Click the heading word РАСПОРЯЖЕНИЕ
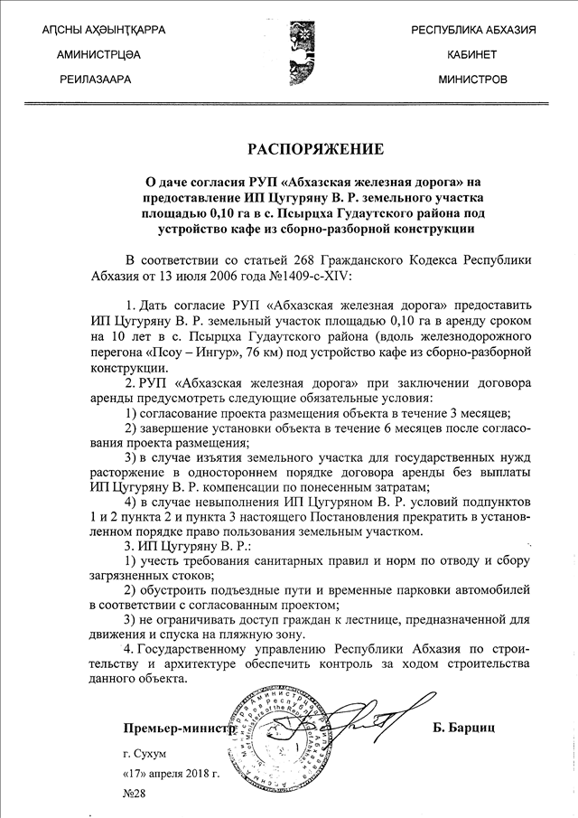(315, 148)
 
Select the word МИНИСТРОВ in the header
(472, 79)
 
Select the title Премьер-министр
(180, 726)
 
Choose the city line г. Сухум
(145, 751)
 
